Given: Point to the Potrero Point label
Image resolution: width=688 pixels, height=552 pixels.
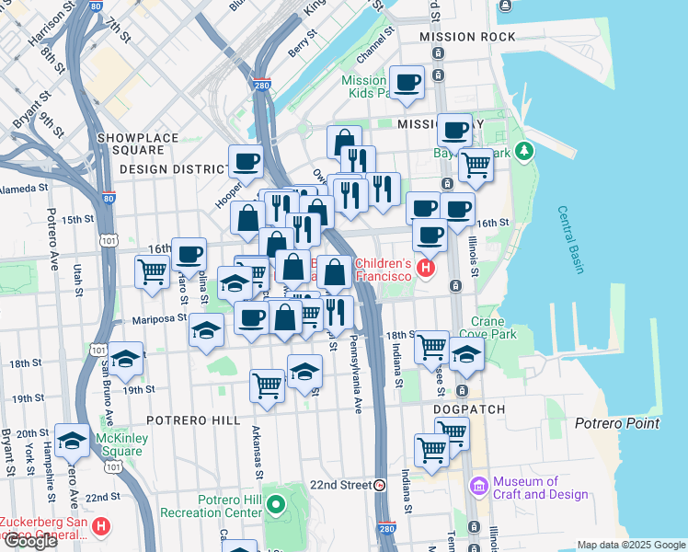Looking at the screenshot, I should (617, 423).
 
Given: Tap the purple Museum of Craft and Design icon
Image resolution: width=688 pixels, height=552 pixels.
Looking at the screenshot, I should (478, 485).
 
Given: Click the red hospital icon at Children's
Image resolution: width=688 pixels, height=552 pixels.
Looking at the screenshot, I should (425, 269).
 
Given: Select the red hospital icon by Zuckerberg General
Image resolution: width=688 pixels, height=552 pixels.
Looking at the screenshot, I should (102, 528).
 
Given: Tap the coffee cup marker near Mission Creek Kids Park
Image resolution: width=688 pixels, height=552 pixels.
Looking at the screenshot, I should (407, 83).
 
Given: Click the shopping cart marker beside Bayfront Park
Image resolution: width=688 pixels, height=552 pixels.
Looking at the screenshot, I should (476, 166).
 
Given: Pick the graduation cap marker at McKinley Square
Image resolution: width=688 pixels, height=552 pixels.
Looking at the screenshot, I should (72, 441).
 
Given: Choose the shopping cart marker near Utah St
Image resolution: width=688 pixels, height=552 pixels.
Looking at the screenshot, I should (152, 271).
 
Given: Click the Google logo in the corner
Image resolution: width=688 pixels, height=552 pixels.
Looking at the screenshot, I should (31, 541).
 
